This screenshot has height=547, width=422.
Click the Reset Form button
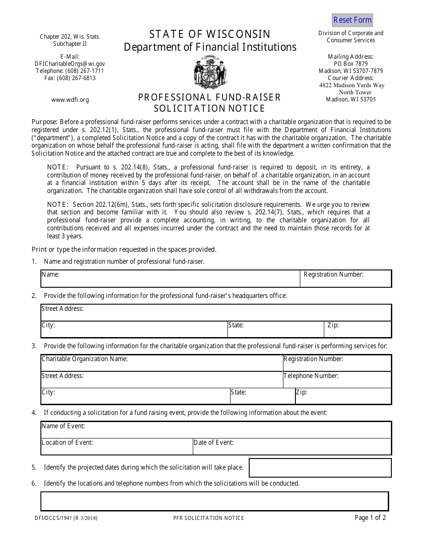(x=352, y=20)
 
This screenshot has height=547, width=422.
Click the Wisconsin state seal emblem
(x=210, y=72)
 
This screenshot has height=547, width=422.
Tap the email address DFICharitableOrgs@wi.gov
(x=70, y=64)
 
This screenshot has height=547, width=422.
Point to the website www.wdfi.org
(x=70, y=100)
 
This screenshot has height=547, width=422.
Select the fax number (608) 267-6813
(x=70, y=78)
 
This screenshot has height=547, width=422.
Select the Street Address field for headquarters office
(x=216, y=313)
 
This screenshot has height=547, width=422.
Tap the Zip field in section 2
(x=358, y=330)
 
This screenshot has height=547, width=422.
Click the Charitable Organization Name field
(x=162, y=363)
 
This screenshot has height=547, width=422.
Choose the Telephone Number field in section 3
(x=337, y=380)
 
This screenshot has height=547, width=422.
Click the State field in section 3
(x=262, y=396)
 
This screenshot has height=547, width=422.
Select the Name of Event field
(x=216, y=430)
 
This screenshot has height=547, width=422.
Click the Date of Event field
(x=292, y=446)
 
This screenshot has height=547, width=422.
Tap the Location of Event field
(x=116, y=446)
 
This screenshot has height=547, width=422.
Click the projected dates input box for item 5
(x=320, y=468)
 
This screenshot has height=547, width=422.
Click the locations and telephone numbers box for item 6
(x=215, y=501)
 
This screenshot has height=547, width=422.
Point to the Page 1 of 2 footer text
(x=370, y=518)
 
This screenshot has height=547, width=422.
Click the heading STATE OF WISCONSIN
(x=210, y=34)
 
